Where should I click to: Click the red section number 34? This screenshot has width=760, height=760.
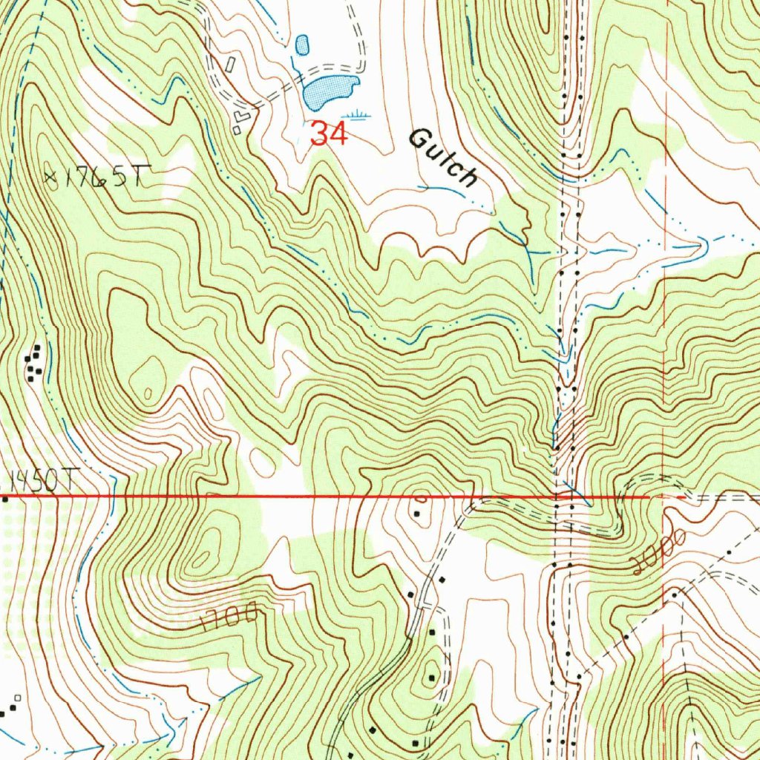330,134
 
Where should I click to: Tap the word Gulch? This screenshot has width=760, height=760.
443,157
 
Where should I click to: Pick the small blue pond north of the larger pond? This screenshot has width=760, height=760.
301,45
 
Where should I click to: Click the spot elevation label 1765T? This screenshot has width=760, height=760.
103,178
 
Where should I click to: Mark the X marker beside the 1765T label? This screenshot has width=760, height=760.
50,177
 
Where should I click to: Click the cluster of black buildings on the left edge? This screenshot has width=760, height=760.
33,363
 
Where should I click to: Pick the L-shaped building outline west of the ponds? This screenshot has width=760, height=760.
242,116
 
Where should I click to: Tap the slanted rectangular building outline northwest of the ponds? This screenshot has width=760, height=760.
230,65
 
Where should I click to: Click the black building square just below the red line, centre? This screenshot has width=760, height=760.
417,513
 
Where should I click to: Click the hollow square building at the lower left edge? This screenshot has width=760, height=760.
17,698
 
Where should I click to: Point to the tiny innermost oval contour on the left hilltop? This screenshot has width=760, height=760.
147,393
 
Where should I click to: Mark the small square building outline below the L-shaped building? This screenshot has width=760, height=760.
237,131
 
